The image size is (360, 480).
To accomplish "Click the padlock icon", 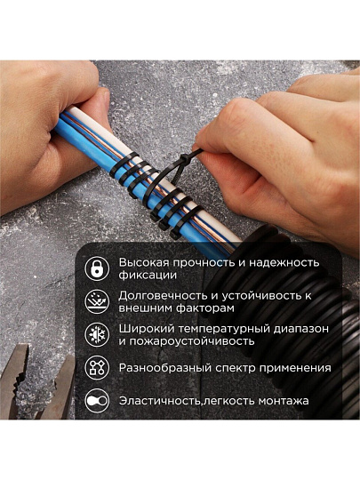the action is [97, 268].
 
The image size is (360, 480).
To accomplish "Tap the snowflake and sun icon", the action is [97, 334].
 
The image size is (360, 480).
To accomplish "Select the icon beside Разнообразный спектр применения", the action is [97, 367].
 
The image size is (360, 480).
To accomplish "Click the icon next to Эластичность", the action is [97, 400].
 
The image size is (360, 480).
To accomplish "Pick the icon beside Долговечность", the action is [97, 301].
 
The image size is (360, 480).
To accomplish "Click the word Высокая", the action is [144, 262].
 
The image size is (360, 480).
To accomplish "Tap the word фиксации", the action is [148, 275].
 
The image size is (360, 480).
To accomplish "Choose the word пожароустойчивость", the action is [191, 341].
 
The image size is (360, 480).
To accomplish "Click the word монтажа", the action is [284, 401].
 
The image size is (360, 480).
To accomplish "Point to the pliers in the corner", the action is [36, 382].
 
